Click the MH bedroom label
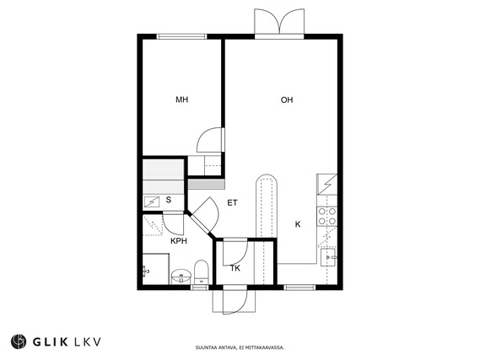tap(182, 99)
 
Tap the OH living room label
tap(287, 99)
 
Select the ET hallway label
tap(232, 203)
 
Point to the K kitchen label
tap(298, 224)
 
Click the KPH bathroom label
tap(179, 241)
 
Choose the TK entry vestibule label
tap(235, 269)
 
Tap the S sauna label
tap(169, 200)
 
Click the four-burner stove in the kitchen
tap(327, 216)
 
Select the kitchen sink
tap(329, 257)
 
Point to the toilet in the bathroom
tap(202, 272)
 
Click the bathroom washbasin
tap(181, 277)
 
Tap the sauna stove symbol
tap(152, 201)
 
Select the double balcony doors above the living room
tap(279, 21)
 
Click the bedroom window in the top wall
tap(182, 36)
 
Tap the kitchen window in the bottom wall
tap(299, 287)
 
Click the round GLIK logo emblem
tap(19, 341)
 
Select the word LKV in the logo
tap(88, 341)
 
